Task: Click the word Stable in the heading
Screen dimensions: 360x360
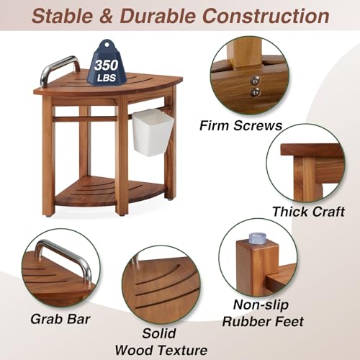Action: (67, 15)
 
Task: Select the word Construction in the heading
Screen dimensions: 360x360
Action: (271, 15)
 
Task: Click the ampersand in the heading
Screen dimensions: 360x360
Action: (108, 15)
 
